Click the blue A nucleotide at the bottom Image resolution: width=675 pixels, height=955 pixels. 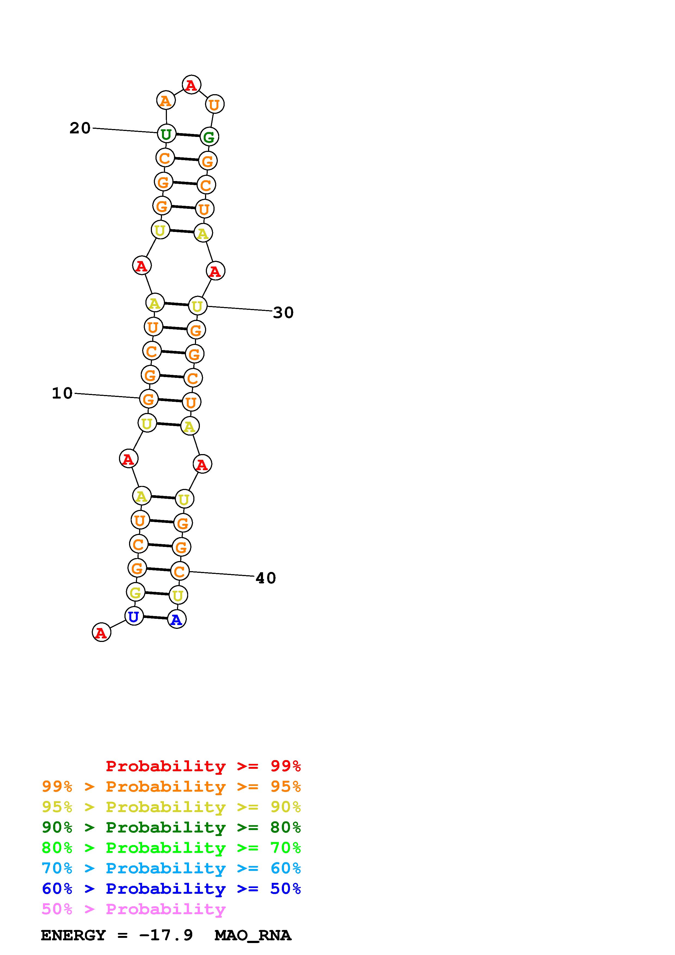(176, 620)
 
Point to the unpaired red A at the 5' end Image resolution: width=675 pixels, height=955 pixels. (101, 633)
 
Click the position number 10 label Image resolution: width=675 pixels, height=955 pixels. (62, 393)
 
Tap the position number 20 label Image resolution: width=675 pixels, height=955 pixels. (80, 128)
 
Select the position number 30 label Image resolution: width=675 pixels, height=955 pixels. (283, 312)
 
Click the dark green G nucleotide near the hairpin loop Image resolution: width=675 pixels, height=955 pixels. (209, 136)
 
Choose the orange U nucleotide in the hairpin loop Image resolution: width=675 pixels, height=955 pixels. (214, 104)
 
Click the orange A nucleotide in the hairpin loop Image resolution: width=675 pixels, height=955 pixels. (166, 101)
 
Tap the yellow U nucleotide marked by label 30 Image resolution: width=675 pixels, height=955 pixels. (197, 306)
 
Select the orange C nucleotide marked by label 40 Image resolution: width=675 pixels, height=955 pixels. (180, 571)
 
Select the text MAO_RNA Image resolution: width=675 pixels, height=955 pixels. (252, 935)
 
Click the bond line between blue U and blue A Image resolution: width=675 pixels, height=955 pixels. (155, 618)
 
